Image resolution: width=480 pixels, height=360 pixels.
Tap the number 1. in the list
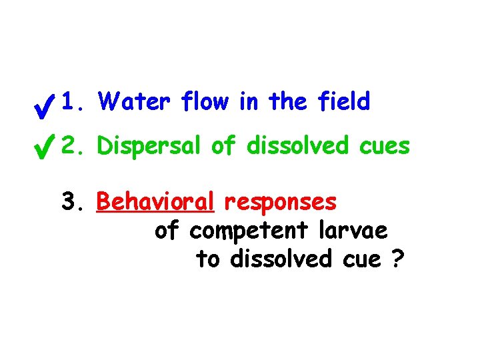coord(73,102)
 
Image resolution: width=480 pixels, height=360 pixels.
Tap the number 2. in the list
coord(73,145)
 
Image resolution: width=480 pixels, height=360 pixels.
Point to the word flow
coord(199,102)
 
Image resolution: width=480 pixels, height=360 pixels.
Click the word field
coord(344,102)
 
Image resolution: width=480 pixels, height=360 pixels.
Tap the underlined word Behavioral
coord(155,202)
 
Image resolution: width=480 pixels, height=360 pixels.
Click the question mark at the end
coord(397,259)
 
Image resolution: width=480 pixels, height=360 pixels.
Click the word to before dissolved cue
coord(208,260)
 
